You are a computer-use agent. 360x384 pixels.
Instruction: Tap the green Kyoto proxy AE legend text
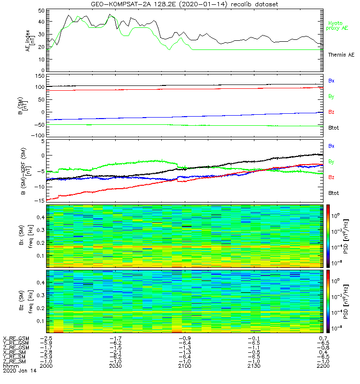(x=338, y=25)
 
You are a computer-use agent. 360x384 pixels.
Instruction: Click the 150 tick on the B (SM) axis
(x=39, y=76)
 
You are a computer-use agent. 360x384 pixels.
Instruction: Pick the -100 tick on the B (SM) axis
(x=38, y=135)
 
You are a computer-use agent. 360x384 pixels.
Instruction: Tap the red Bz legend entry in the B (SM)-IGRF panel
(x=331, y=178)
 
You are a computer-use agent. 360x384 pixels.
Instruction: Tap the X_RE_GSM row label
(x=16, y=339)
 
